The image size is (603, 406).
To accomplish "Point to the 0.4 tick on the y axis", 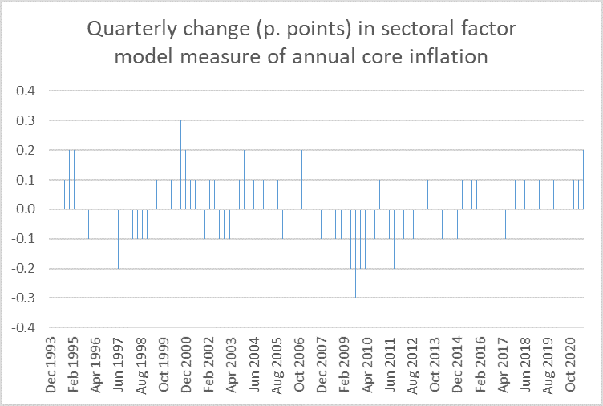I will click(26, 91).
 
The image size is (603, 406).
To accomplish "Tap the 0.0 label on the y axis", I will click(26, 209).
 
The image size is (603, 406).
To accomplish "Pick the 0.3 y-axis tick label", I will click(26, 120).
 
